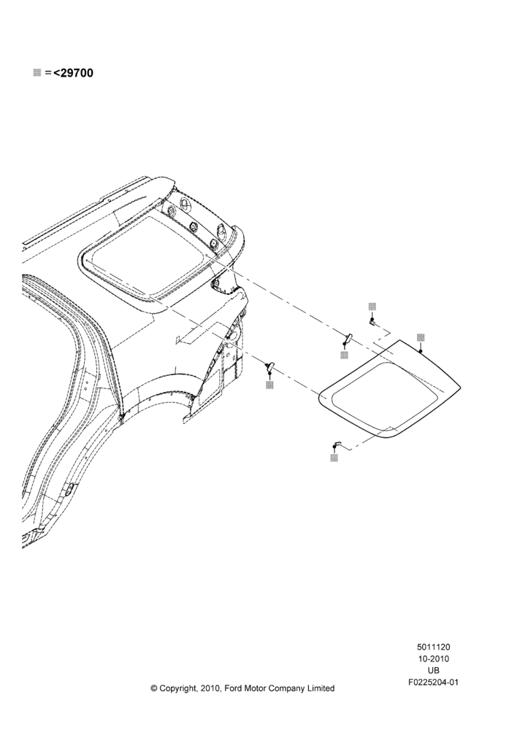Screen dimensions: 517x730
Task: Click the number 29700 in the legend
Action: pos(77,73)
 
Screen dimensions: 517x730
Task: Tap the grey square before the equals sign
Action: pos(37,73)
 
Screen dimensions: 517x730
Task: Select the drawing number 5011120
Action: pos(433,647)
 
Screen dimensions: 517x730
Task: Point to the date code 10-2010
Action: pos(433,658)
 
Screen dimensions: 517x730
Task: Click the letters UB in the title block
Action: pos(433,670)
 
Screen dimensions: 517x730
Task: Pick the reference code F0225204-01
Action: pos(433,683)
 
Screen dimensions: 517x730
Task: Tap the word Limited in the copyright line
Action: pos(320,688)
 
